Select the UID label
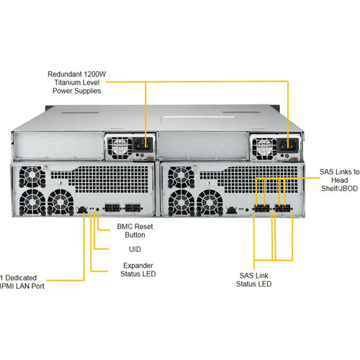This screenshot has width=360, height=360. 123,249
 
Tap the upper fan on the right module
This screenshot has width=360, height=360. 176,176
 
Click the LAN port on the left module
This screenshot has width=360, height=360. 81,211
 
